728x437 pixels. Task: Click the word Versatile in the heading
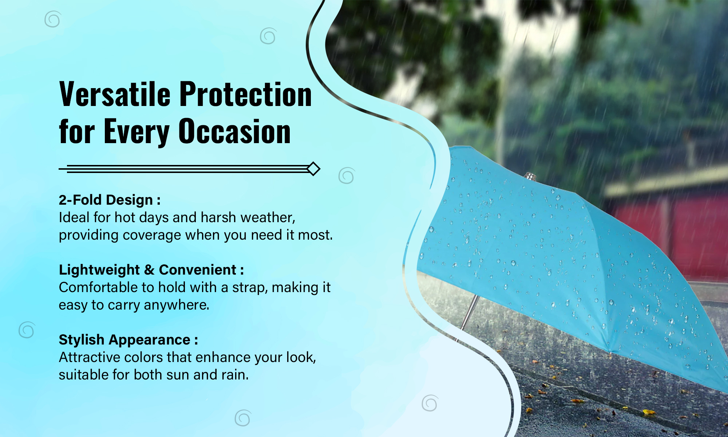point(115,94)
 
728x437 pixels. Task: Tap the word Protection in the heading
point(246,94)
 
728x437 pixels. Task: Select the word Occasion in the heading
point(234,131)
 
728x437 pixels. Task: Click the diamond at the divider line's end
point(313,169)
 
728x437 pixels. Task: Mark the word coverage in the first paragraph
point(152,235)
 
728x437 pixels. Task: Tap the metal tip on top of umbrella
point(530,177)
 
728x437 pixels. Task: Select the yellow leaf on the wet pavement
point(648,412)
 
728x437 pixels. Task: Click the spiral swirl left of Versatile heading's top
point(53,19)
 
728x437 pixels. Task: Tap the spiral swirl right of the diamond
point(346,176)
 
